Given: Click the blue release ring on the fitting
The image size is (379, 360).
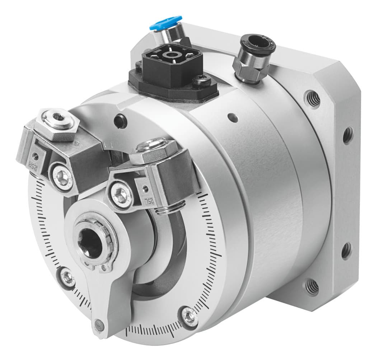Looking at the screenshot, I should [165, 22].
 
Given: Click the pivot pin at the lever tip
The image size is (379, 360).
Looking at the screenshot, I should [99, 326].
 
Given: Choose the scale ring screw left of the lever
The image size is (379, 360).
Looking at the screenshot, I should [67, 277].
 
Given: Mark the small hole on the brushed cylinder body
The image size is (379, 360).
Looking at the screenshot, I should [233, 117].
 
